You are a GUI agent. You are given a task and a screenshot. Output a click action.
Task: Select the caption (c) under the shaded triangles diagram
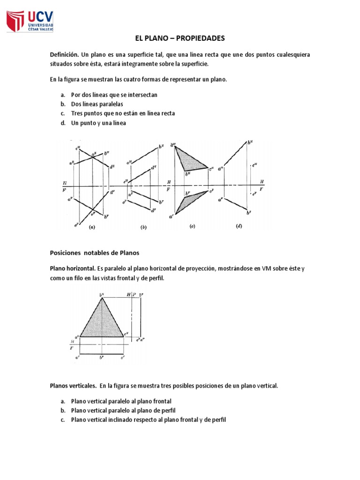tap(192, 226)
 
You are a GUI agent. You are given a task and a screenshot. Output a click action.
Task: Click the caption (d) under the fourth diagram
tap(240, 226)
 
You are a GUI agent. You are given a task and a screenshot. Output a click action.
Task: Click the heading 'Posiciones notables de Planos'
tap(95, 253)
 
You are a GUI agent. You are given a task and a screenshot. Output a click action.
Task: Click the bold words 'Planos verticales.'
tap(73, 386)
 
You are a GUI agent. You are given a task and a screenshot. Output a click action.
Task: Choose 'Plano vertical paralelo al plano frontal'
tap(121, 401)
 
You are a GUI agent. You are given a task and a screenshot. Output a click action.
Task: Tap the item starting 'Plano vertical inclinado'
tap(148, 420)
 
